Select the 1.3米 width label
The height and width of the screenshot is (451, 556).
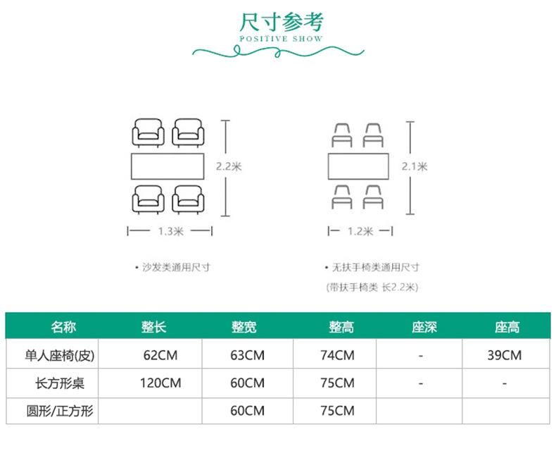coord(170,230)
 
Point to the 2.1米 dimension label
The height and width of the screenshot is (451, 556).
coord(415,167)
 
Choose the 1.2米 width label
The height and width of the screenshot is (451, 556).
coord(360,230)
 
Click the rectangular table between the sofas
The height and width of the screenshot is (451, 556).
coord(168,167)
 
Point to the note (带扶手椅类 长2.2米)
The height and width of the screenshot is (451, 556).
coord(372,287)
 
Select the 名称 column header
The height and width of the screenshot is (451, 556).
coord(63,327)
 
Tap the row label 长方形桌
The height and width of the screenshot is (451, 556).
coord(65,383)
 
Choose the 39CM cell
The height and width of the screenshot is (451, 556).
coord(505,355)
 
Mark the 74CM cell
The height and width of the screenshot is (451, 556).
coord(337,355)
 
